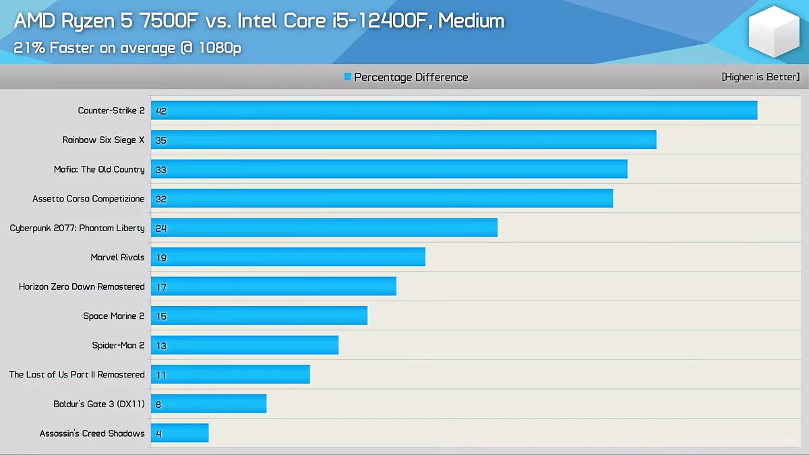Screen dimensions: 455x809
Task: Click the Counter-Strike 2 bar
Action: [454, 111]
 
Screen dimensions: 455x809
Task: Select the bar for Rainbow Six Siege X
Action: [403, 140]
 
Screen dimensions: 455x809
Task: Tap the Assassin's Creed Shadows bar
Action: [179, 433]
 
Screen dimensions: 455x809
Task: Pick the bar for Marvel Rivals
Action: [288, 257]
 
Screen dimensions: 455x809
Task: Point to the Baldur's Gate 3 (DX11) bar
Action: [208, 404]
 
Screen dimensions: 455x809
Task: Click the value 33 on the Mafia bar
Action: [161, 170]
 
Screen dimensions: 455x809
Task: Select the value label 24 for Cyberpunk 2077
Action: [161, 229]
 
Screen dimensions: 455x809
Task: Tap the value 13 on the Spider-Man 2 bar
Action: [161, 346]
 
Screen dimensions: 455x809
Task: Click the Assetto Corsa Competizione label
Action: [88, 199]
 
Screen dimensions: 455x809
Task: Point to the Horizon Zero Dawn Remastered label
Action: [82, 286]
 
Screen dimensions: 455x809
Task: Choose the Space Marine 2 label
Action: [114, 316]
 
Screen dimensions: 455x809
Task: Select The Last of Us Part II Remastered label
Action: [77, 375]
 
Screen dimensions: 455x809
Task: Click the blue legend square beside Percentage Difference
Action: [348, 77]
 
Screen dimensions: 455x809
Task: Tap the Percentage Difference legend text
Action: [411, 78]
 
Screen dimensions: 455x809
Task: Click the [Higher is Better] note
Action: [760, 78]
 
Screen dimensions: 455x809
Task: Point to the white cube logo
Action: [773, 32]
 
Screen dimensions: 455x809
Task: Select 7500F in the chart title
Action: [173, 21]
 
